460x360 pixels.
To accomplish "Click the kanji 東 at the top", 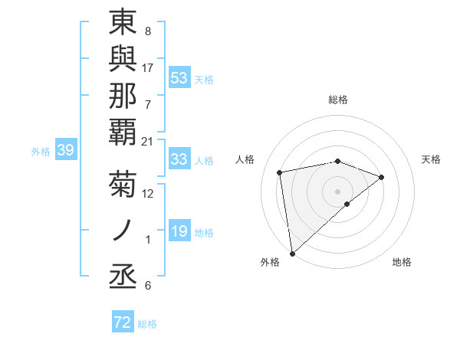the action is (x=123, y=24).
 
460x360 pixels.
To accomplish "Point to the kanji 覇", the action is (x=123, y=133).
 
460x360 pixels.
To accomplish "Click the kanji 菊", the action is (x=123, y=186).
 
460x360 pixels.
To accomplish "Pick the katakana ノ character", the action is (x=123, y=228).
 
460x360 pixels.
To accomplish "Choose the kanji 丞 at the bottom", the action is (x=123, y=273).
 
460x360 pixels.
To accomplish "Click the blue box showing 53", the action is (x=179, y=77).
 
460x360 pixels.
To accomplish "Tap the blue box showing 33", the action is (x=179, y=159).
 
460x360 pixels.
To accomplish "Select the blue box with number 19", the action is (x=179, y=231).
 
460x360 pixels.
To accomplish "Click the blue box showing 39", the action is (x=66, y=151).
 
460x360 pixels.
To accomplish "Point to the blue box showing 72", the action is (x=123, y=323).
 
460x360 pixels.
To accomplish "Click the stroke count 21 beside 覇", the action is (x=148, y=141).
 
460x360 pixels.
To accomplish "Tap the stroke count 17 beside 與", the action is (x=148, y=68).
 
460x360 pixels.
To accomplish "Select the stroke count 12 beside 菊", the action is (x=148, y=194).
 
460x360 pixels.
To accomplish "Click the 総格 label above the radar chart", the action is (x=338, y=100).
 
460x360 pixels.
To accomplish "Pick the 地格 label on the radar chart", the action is (x=402, y=262).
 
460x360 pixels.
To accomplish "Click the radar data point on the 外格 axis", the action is (x=292, y=253).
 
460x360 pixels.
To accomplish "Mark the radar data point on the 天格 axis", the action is (x=382, y=178).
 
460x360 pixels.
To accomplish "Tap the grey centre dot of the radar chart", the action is (x=338, y=190).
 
